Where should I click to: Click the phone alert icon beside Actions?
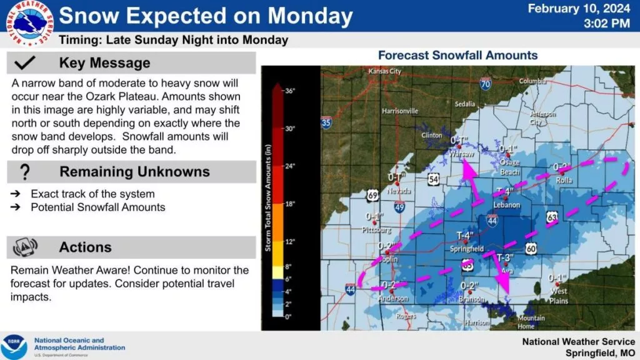[25, 247]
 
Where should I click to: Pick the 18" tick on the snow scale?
[289, 204]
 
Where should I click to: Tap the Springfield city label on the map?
[468, 249]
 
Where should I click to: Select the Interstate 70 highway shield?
[486, 84]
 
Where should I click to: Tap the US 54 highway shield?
[434, 180]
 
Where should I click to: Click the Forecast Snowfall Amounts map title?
[457, 55]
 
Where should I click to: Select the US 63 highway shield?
[552, 216]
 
